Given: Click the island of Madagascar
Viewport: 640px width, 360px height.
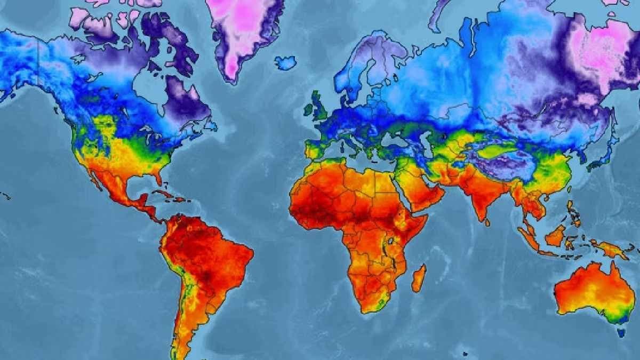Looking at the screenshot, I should tap(419, 278).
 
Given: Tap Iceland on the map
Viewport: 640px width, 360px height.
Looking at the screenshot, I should tap(286, 63).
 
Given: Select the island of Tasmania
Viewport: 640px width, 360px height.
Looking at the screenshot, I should tap(621, 332).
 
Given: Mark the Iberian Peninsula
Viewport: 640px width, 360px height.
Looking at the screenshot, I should tap(315, 149).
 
